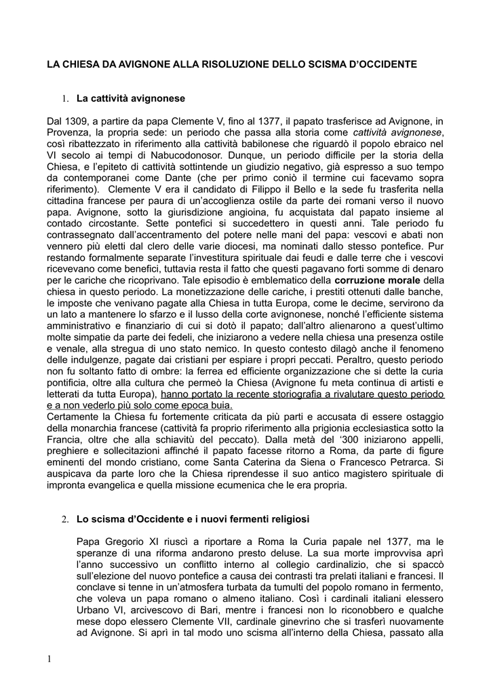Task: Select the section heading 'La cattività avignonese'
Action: [x=130, y=99]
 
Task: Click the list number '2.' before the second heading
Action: [x=66, y=520]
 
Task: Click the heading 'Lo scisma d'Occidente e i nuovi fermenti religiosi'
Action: [x=193, y=520]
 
